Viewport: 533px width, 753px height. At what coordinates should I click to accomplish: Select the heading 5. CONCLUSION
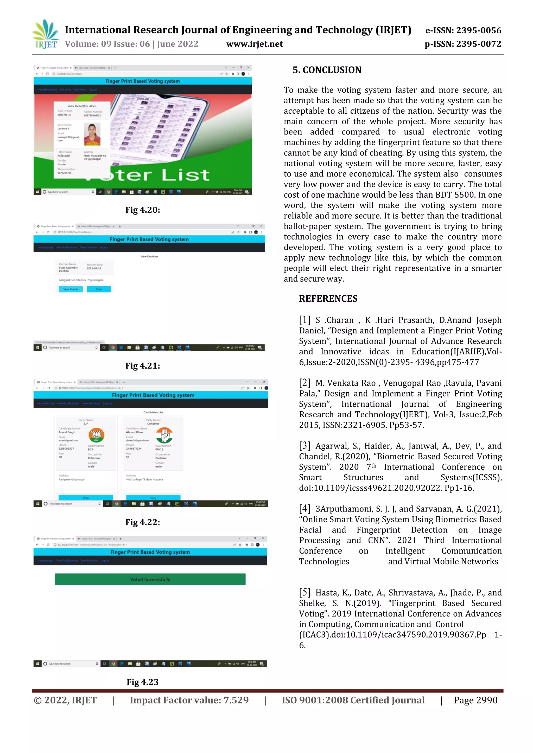[x=327, y=70]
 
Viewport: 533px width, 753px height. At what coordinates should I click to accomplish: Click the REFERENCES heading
[x=328, y=298]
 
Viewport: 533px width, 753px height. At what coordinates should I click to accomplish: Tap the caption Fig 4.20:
[x=142, y=210]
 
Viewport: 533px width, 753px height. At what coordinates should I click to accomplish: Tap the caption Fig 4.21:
[x=142, y=366]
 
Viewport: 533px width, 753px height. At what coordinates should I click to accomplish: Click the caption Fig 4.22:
[x=142, y=522]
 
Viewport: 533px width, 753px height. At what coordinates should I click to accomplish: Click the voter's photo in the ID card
[x=92, y=134]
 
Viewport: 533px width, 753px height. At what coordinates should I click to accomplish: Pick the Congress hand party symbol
[x=164, y=435]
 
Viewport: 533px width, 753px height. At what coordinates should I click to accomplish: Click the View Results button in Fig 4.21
[x=71, y=289]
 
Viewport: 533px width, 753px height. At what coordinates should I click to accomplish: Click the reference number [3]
[x=304, y=445]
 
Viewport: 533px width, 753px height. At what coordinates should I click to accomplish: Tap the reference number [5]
[x=304, y=592]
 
